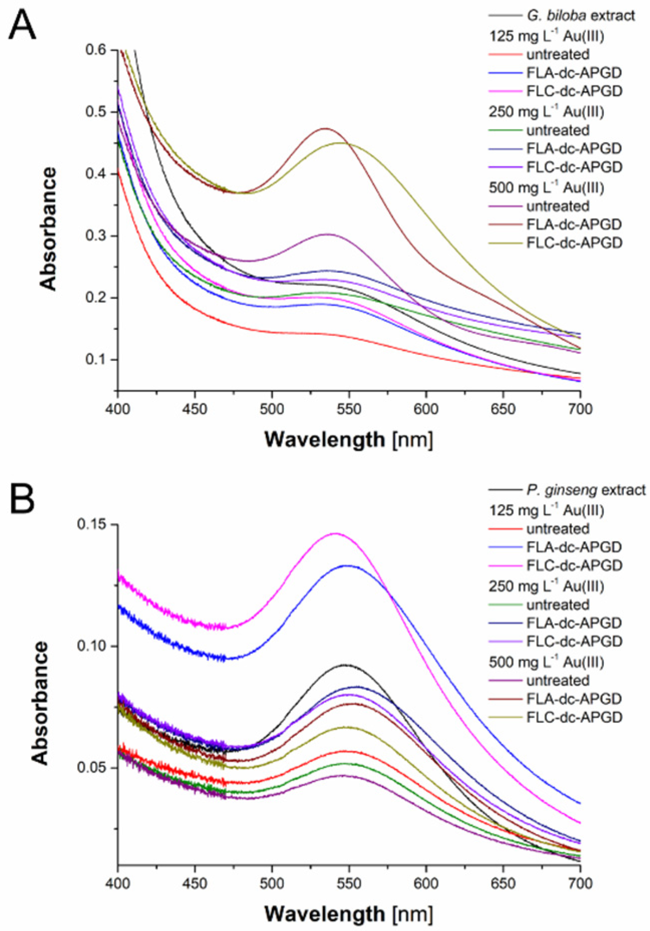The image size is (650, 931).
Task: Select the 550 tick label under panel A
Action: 348,409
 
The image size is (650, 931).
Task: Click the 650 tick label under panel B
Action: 503,883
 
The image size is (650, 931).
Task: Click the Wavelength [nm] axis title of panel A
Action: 348,440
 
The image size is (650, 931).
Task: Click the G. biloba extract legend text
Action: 580,16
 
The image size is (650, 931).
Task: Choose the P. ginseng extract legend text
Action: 586,490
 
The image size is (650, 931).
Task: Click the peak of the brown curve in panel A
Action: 326,128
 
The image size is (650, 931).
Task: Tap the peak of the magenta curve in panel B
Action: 336,533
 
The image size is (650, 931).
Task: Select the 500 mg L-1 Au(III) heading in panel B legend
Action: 546,662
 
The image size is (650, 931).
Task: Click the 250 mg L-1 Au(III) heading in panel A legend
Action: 546,111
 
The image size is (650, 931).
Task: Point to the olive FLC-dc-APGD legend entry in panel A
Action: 574,243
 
